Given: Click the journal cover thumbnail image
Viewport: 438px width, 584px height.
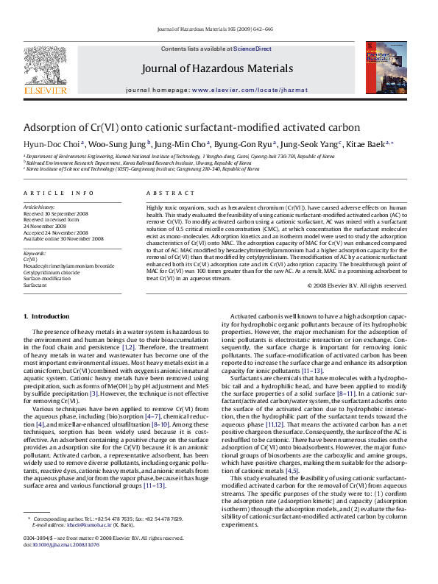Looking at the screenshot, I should [392, 70].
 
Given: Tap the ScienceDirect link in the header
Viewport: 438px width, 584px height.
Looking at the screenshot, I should [252, 49].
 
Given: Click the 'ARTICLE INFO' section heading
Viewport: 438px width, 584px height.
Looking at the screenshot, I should [58, 193].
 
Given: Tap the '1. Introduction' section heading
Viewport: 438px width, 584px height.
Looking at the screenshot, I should [46, 316].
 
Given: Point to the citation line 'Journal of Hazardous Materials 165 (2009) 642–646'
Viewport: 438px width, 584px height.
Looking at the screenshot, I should [219, 29].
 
